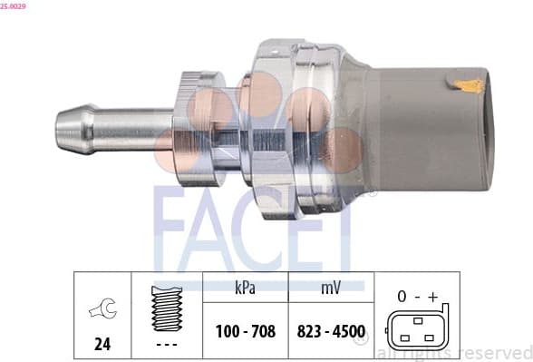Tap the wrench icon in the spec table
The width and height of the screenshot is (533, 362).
pos(101,311)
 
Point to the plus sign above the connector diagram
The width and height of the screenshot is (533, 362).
pos(432,296)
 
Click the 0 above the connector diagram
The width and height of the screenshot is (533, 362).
pos(401,296)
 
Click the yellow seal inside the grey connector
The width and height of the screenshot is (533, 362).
pos(470,85)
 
